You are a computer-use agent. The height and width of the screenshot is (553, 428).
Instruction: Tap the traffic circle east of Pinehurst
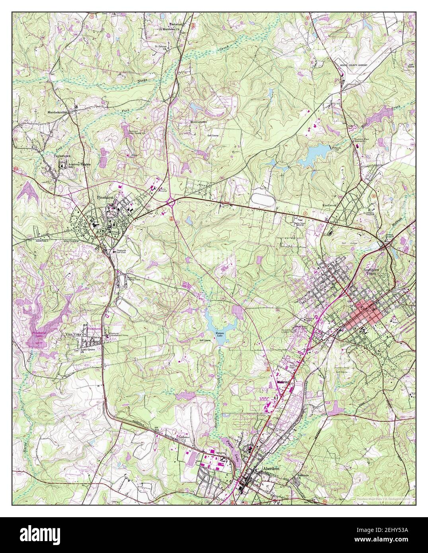point(171,203)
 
